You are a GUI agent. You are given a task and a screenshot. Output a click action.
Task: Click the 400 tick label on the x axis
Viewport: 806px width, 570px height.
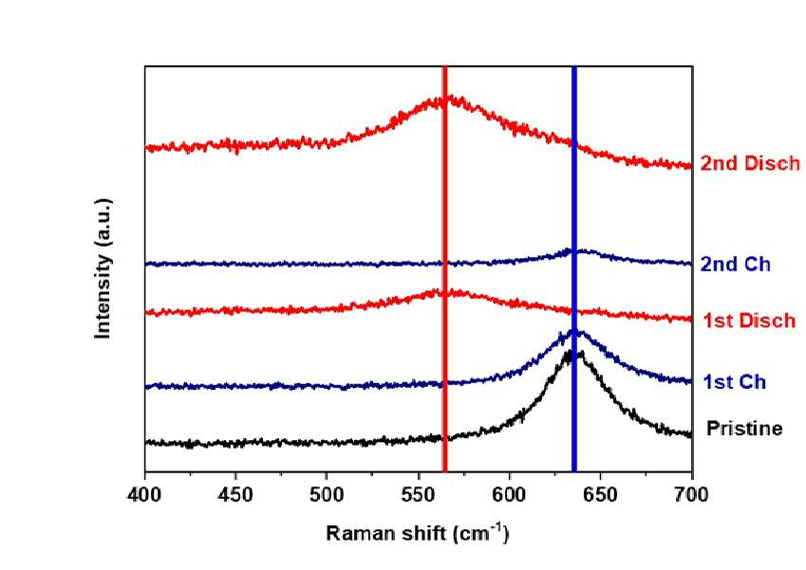click(x=145, y=494)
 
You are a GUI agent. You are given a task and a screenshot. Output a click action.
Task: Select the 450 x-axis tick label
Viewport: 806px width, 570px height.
click(x=235, y=494)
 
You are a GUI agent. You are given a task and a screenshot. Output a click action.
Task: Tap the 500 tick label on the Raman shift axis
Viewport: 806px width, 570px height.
click(x=327, y=494)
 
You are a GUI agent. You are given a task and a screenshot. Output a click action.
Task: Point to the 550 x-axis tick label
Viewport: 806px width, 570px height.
click(x=418, y=494)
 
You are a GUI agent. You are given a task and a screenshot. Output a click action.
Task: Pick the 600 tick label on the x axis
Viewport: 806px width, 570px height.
click(x=510, y=494)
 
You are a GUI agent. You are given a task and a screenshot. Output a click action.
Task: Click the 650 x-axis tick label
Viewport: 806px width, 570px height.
click(x=600, y=494)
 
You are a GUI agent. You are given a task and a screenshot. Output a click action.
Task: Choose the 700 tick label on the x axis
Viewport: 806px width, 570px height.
click(x=691, y=494)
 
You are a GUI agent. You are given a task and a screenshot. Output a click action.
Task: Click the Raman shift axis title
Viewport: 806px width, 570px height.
click(x=418, y=534)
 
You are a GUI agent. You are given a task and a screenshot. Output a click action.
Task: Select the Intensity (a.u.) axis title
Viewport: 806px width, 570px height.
click(x=103, y=268)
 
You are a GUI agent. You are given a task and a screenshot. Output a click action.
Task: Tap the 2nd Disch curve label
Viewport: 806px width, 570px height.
click(x=751, y=163)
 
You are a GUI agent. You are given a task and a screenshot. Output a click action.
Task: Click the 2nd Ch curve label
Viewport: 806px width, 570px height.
click(x=736, y=264)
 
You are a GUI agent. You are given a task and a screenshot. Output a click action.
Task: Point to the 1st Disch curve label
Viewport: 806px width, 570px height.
click(x=749, y=321)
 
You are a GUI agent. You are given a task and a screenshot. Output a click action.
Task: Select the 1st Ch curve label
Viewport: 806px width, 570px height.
click(x=734, y=382)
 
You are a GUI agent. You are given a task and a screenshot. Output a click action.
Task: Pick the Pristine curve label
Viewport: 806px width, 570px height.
click(x=744, y=428)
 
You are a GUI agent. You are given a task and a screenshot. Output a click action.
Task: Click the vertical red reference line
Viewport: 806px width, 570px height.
click(x=444, y=268)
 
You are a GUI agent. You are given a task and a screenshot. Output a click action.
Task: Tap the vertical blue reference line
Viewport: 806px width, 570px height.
click(x=574, y=268)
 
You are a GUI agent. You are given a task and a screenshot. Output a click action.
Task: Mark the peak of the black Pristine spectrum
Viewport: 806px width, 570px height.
click(x=570, y=353)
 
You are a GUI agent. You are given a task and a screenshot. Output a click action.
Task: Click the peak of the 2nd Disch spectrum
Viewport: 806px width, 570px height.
click(x=445, y=99)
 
